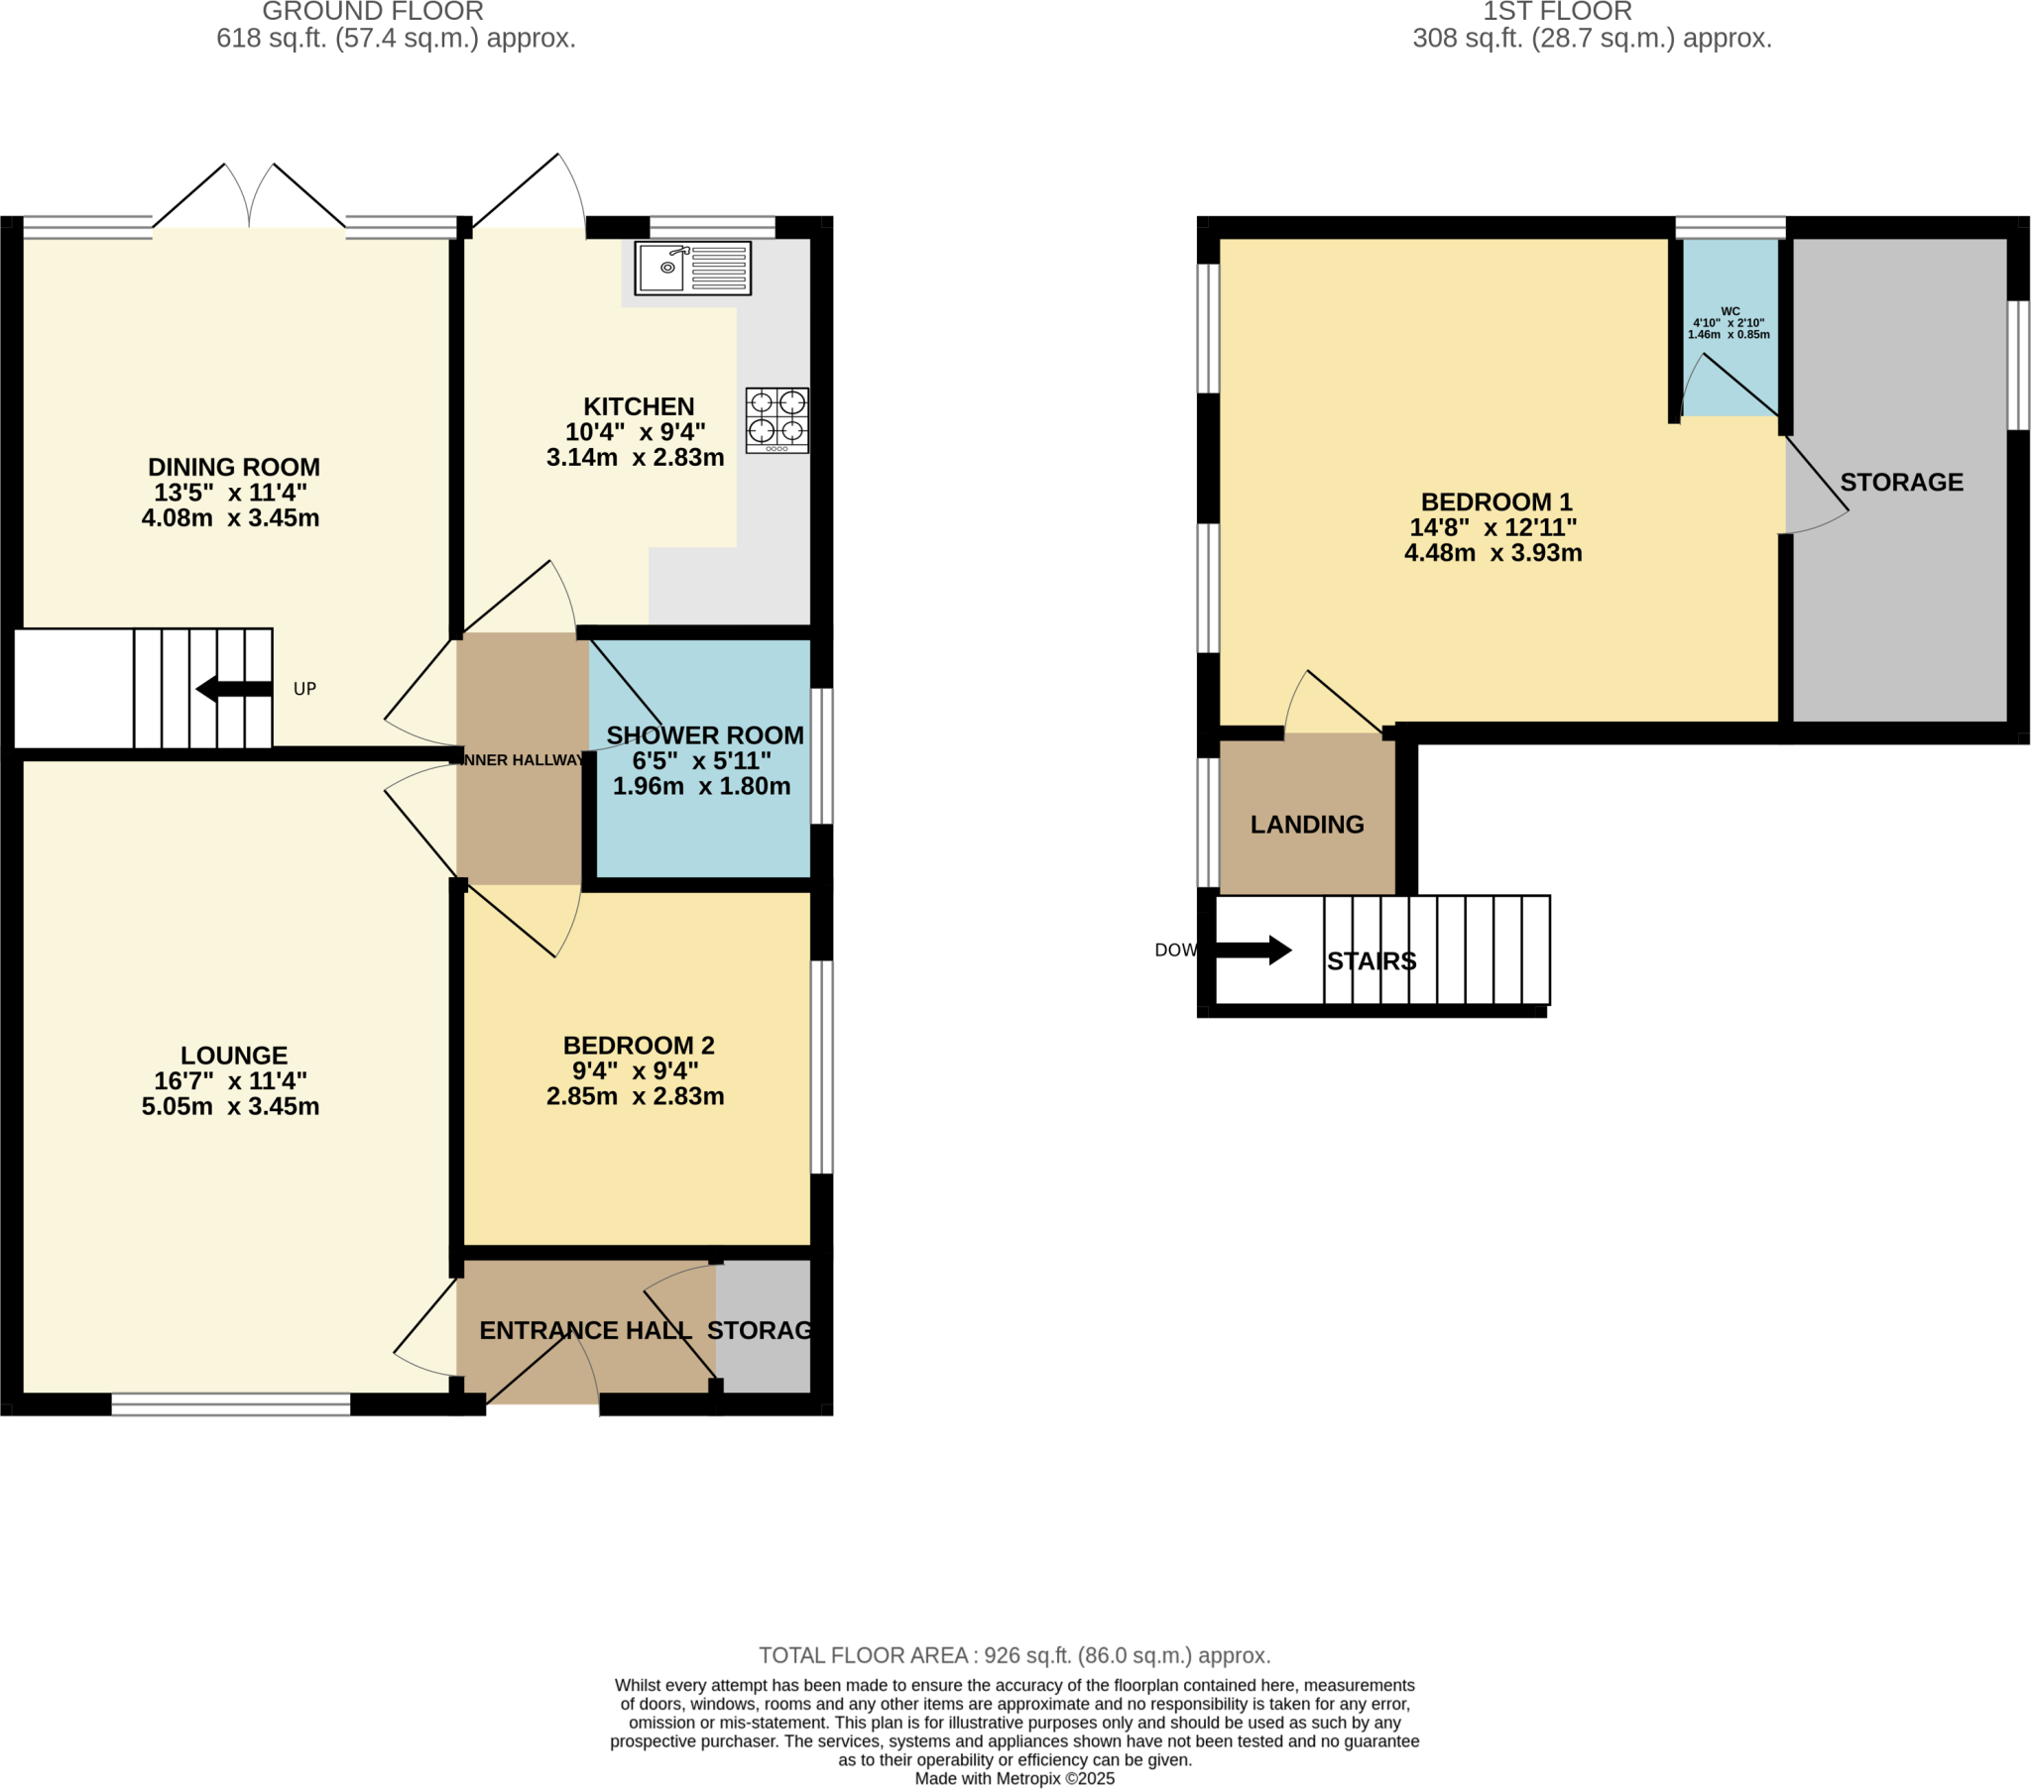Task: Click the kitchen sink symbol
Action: (692, 269)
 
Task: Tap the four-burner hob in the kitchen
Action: (777, 420)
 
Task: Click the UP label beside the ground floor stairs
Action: (304, 689)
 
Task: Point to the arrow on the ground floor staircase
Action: (233, 689)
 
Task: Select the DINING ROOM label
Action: (233, 467)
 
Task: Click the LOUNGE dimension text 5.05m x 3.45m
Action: (230, 1106)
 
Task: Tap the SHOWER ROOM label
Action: (704, 735)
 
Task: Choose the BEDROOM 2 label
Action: (638, 1045)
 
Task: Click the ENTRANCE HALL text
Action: (585, 1330)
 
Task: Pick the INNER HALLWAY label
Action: (523, 760)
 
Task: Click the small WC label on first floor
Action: (1730, 311)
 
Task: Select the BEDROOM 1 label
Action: (1495, 502)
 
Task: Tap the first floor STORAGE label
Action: (1901, 482)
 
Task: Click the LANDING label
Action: (1307, 825)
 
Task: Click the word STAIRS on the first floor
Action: (1372, 961)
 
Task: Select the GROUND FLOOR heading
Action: (373, 12)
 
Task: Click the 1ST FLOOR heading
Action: (1557, 12)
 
